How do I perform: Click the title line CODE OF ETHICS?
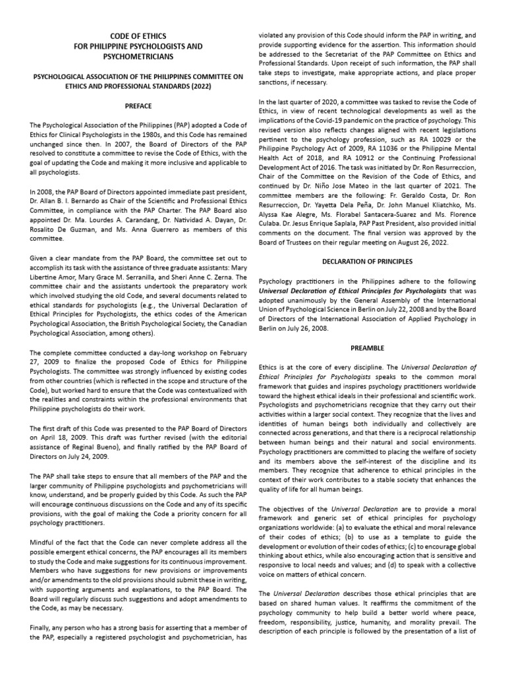click(x=138, y=35)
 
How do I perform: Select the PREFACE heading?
click(x=138, y=105)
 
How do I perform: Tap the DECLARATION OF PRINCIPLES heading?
click(x=372, y=261)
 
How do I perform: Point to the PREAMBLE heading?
click(x=372, y=347)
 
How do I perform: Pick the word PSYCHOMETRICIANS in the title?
click(x=138, y=57)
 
